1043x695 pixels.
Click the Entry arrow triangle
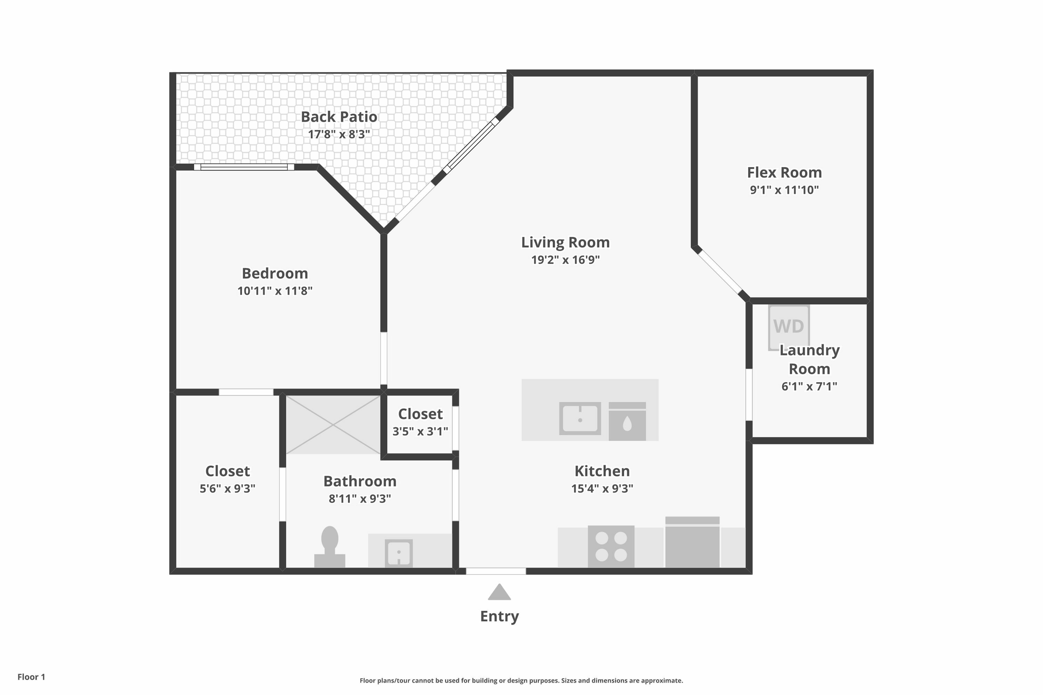coord(499,592)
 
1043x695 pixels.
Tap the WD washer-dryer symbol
coord(789,326)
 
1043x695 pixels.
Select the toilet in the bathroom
coord(330,547)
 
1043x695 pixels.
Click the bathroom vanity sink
coord(399,553)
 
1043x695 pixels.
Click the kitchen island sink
coord(580,418)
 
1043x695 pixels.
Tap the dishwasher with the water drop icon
coord(627,422)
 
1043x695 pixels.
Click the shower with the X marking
coord(333,425)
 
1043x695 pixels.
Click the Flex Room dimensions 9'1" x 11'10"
coord(784,190)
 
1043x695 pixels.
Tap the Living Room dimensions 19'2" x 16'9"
coord(565,260)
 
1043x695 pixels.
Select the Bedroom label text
coord(275,273)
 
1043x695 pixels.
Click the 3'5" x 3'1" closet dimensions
coord(420,431)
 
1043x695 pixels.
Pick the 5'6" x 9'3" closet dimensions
coord(227,489)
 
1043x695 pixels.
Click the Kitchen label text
coord(602,471)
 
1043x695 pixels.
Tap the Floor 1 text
coord(31,677)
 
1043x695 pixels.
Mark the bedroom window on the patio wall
coord(244,167)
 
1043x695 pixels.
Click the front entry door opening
coord(496,571)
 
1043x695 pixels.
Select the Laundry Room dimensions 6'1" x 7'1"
coord(809,386)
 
